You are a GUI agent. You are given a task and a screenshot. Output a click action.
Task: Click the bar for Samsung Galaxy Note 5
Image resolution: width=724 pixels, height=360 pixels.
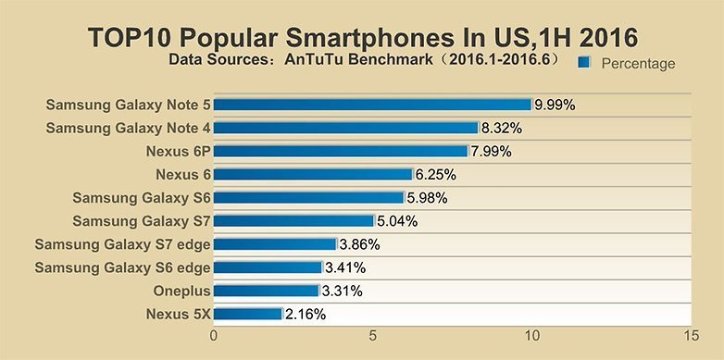(x=373, y=105)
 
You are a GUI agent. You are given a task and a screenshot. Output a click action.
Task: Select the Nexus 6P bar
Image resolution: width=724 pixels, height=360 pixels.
(x=342, y=151)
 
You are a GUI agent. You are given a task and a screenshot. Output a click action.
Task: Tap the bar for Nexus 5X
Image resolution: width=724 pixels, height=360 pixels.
(x=248, y=314)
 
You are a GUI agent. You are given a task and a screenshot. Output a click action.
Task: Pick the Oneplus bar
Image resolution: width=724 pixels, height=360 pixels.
(x=267, y=291)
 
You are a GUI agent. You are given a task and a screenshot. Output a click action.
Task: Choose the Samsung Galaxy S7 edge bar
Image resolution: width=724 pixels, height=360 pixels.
(x=275, y=244)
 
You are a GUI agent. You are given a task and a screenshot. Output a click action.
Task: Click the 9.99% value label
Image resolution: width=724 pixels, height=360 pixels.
(x=555, y=105)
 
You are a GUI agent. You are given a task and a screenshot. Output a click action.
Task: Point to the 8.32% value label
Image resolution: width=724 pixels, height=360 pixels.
(x=502, y=128)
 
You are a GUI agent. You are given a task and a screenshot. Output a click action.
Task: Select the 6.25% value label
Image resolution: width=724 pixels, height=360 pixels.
(x=435, y=174)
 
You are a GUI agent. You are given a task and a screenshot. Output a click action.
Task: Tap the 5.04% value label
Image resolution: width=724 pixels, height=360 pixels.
(x=397, y=221)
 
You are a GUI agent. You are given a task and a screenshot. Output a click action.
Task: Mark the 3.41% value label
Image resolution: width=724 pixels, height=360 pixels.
(x=345, y=267)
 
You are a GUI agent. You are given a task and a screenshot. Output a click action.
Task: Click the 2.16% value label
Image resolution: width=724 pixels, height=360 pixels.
(x=306, y=314)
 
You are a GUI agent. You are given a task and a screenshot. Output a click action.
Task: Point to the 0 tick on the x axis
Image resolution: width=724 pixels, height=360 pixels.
(x=215, y=334)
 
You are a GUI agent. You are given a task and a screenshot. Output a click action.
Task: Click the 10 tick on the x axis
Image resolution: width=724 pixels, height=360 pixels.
(x=531, y=334)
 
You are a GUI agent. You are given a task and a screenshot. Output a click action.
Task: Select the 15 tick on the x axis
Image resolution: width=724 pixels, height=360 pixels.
(x=689, y=334)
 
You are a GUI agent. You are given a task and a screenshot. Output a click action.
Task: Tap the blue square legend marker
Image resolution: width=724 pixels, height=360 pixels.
(x=584, y=63)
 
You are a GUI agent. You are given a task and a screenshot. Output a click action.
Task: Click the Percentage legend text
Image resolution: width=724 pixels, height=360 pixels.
(x=638, y=63)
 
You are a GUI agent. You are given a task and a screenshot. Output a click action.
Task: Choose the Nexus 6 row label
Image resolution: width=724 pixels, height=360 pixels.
(x=183, y=174)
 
